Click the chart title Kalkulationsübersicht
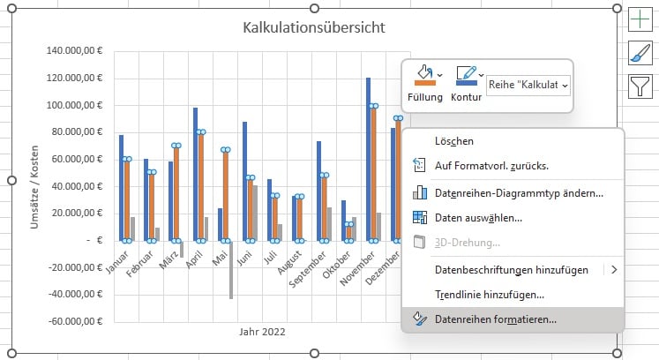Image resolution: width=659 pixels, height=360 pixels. coord(313,27)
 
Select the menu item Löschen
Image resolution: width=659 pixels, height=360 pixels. coord(454,140)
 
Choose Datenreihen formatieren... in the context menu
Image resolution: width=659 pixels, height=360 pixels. coord(496,319)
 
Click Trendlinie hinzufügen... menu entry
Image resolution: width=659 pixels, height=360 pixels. coord(489,294)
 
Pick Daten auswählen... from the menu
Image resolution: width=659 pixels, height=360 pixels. coord(478,217)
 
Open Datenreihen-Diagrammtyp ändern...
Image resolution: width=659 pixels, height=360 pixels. coord(519,192)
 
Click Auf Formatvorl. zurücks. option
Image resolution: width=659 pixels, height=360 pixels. coord(492,165)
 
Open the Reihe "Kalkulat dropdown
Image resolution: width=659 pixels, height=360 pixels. coord(528,85)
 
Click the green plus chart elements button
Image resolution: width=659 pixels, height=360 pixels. coord(639,22)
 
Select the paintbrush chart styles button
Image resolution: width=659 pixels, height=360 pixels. coord(639,54)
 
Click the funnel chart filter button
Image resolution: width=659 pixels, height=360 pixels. coord(639,86)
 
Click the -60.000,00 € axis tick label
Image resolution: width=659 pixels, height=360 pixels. coord(77,322)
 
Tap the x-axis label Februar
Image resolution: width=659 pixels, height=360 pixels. coord(141,263)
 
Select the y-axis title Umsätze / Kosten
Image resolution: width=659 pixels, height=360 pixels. coord(35,186)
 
